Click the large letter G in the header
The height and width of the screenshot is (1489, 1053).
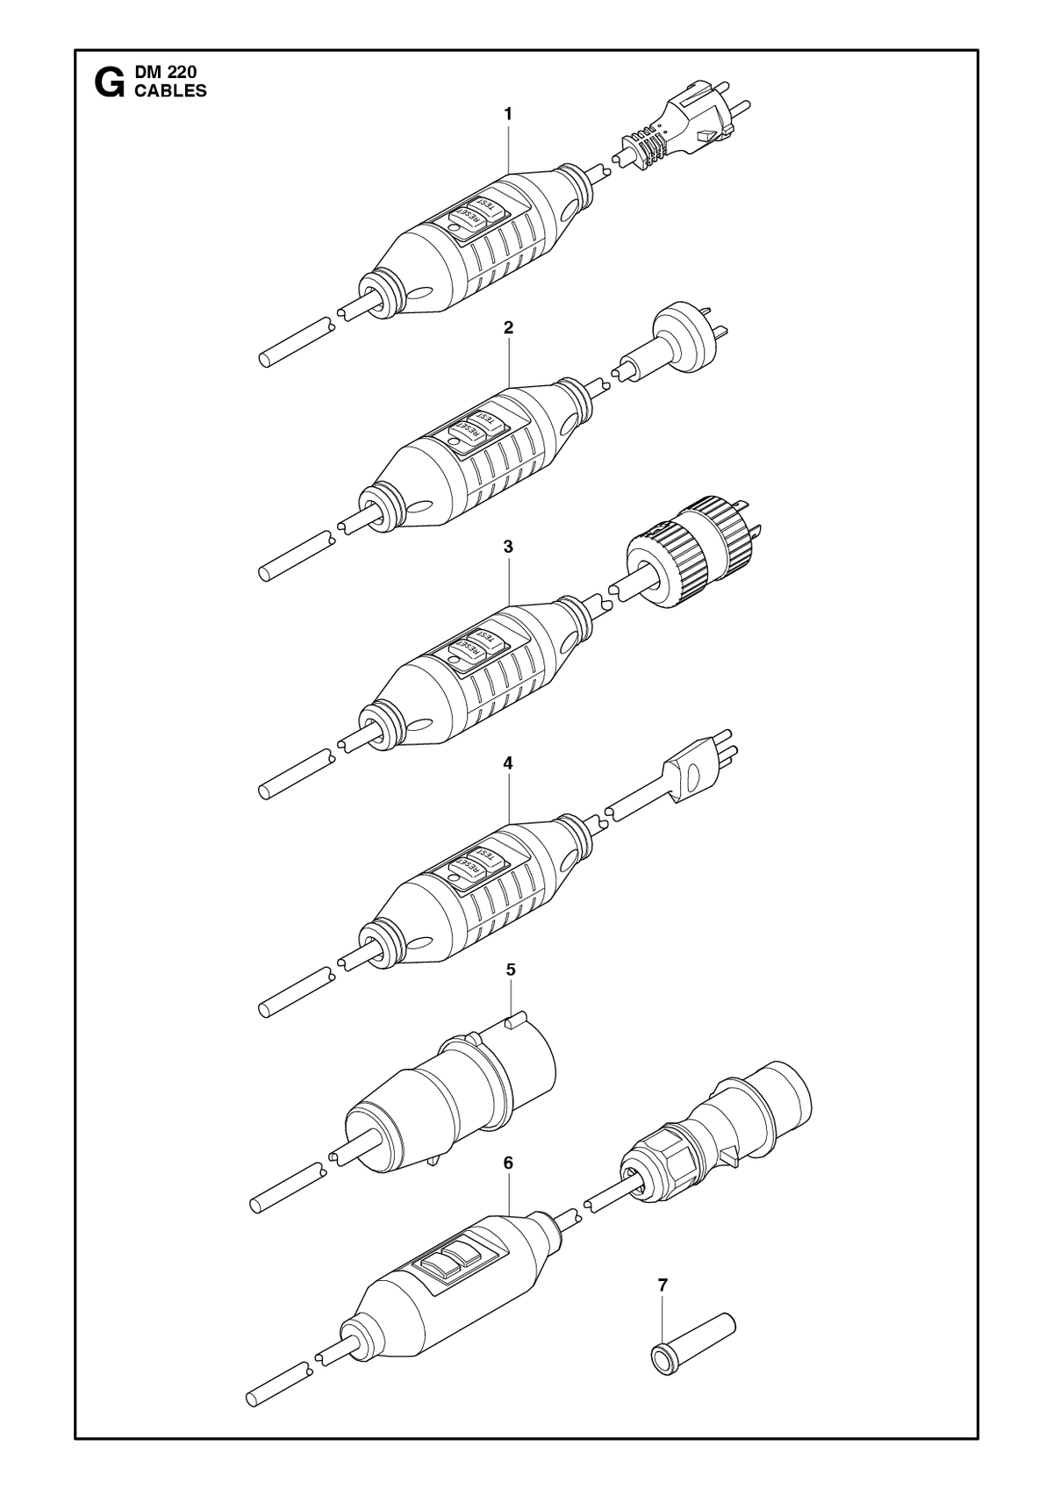coord(110,83)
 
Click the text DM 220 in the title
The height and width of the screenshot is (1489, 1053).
coord(166,73)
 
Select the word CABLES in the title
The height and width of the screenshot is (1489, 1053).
coord(171,91)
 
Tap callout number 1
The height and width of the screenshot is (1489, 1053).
coord(508,114)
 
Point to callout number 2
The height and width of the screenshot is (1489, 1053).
coord(508,327)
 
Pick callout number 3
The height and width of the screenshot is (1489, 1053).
coord(508,547)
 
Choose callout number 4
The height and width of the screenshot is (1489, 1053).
coord(508,763)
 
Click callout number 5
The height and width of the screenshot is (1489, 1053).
coord(511,970)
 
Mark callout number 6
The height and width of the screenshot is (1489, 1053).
coord(509,1163)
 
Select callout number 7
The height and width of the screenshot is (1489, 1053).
coord(663,1285)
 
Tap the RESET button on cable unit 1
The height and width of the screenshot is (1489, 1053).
coord(467,219)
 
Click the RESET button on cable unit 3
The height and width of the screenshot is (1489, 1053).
coord(467,652)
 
